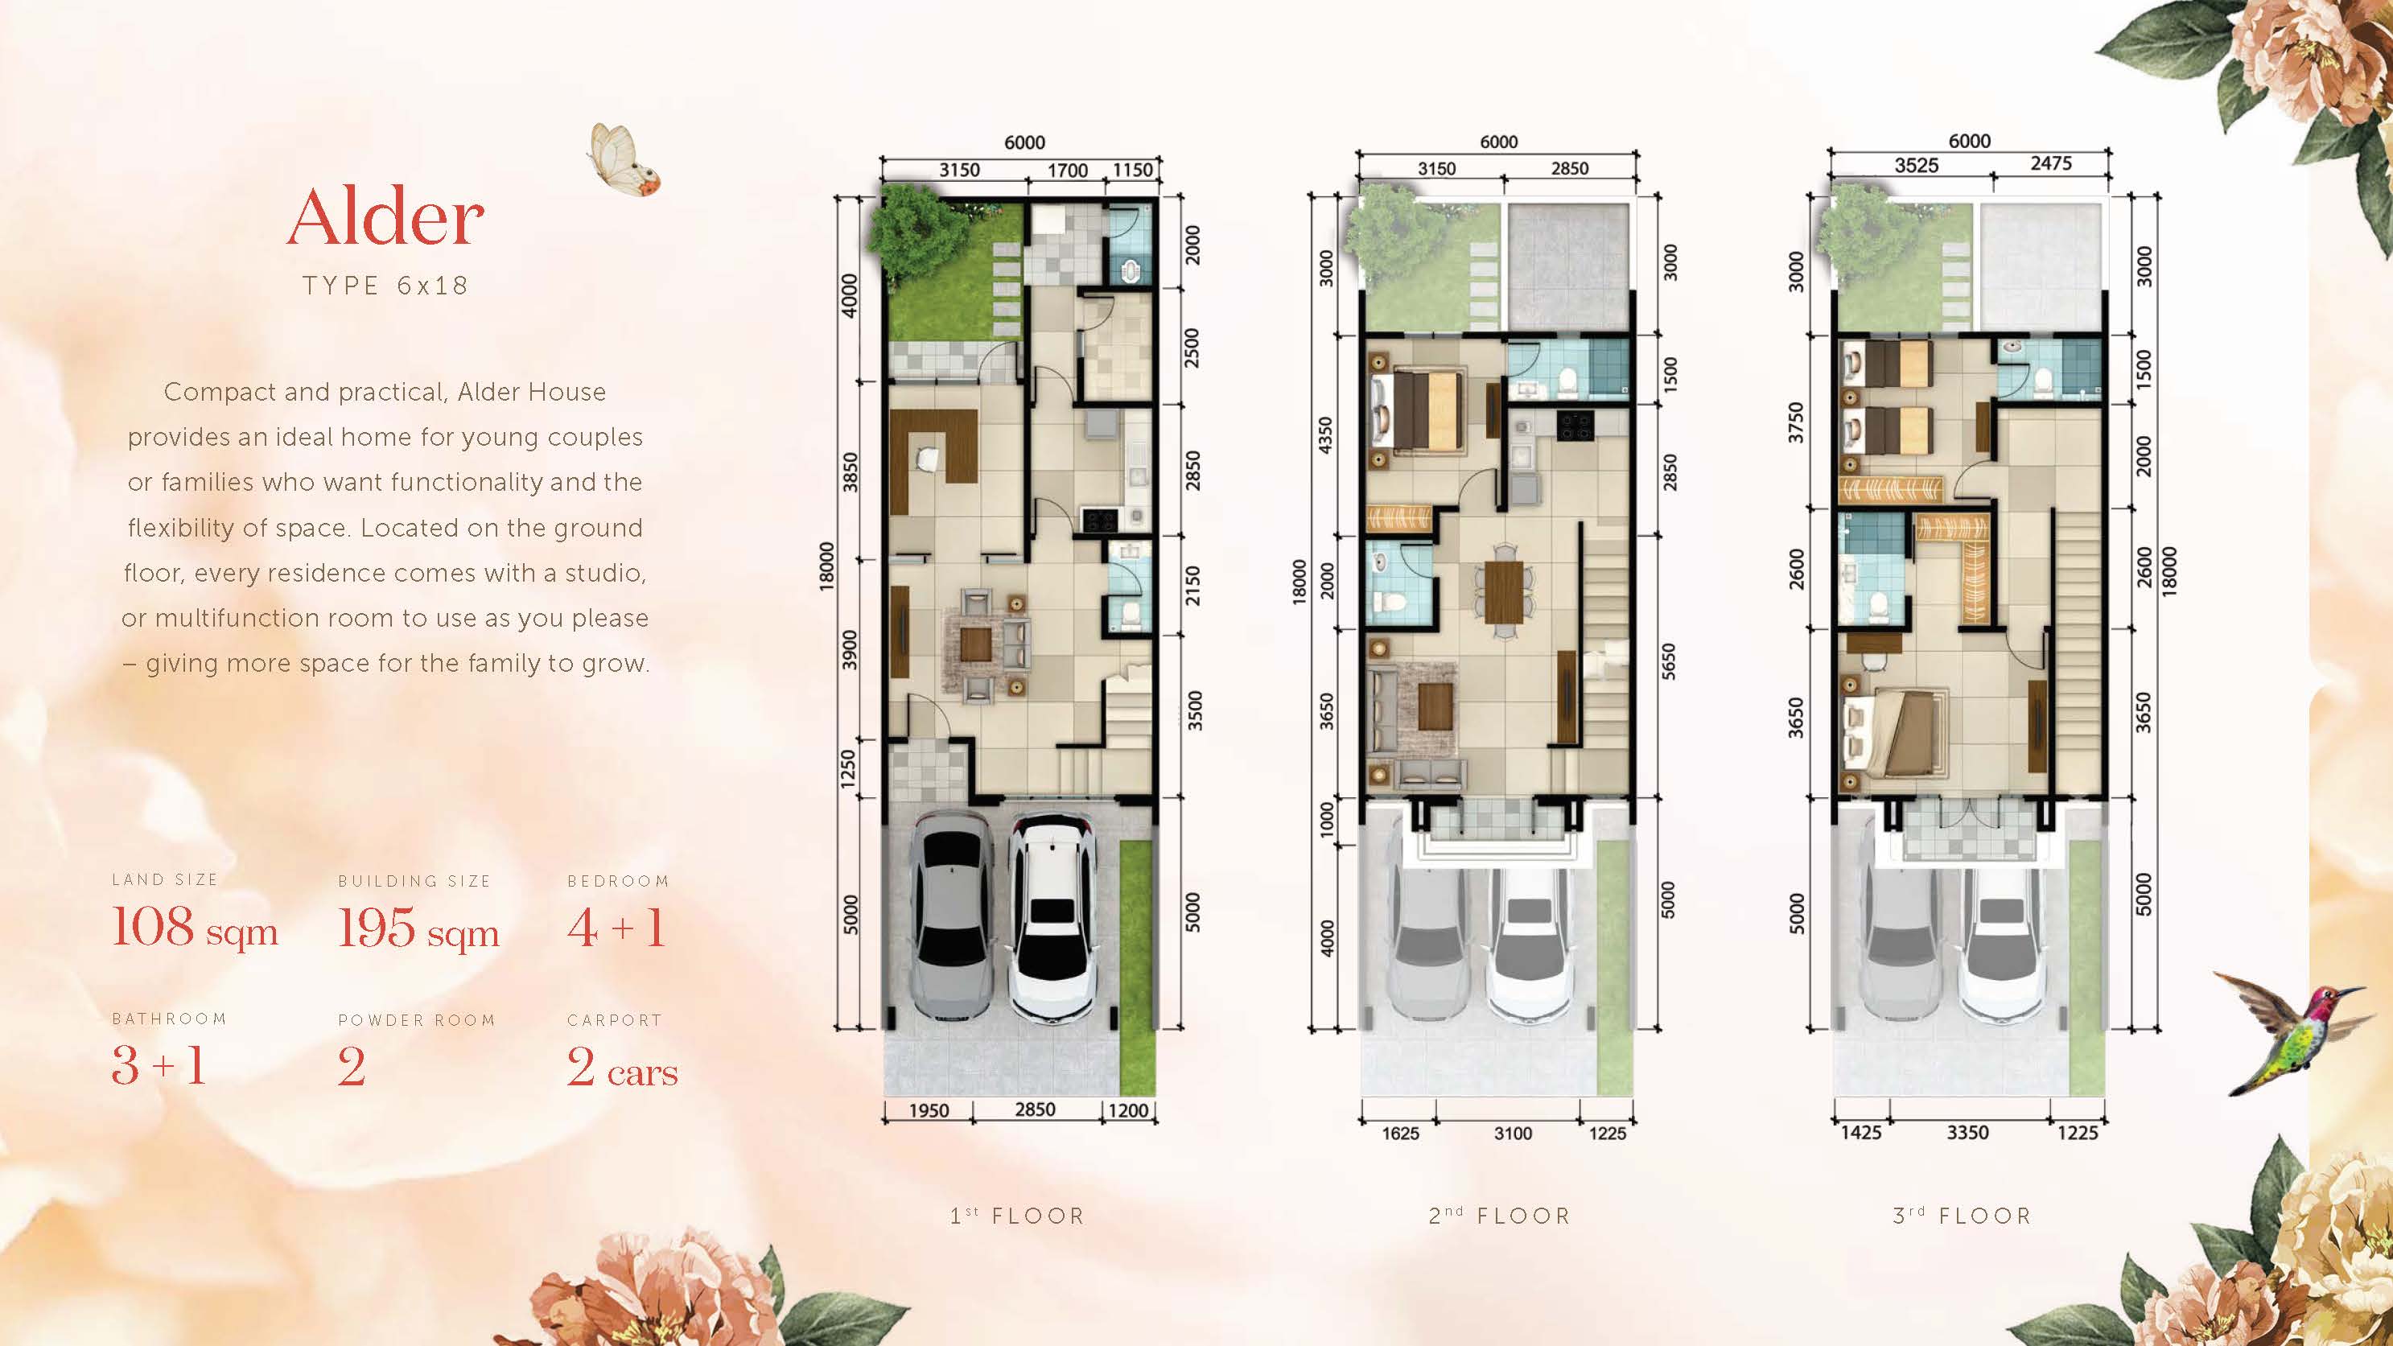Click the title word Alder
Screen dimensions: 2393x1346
pos(385,217)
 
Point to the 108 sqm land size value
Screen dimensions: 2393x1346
pos(195,928)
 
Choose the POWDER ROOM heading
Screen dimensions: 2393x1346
pos(416,1020)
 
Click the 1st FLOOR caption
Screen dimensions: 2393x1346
pos(1017,1216)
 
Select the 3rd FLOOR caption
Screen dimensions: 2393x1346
pos(1962,1216)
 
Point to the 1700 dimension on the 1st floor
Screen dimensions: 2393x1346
pos(1068,171)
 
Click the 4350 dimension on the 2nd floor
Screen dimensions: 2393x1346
pos(1325,437)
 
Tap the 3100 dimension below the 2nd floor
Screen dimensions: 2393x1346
pos(1513,1134)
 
